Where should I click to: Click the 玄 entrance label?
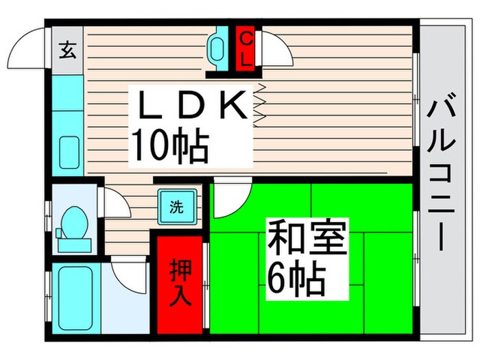point(67,51)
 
